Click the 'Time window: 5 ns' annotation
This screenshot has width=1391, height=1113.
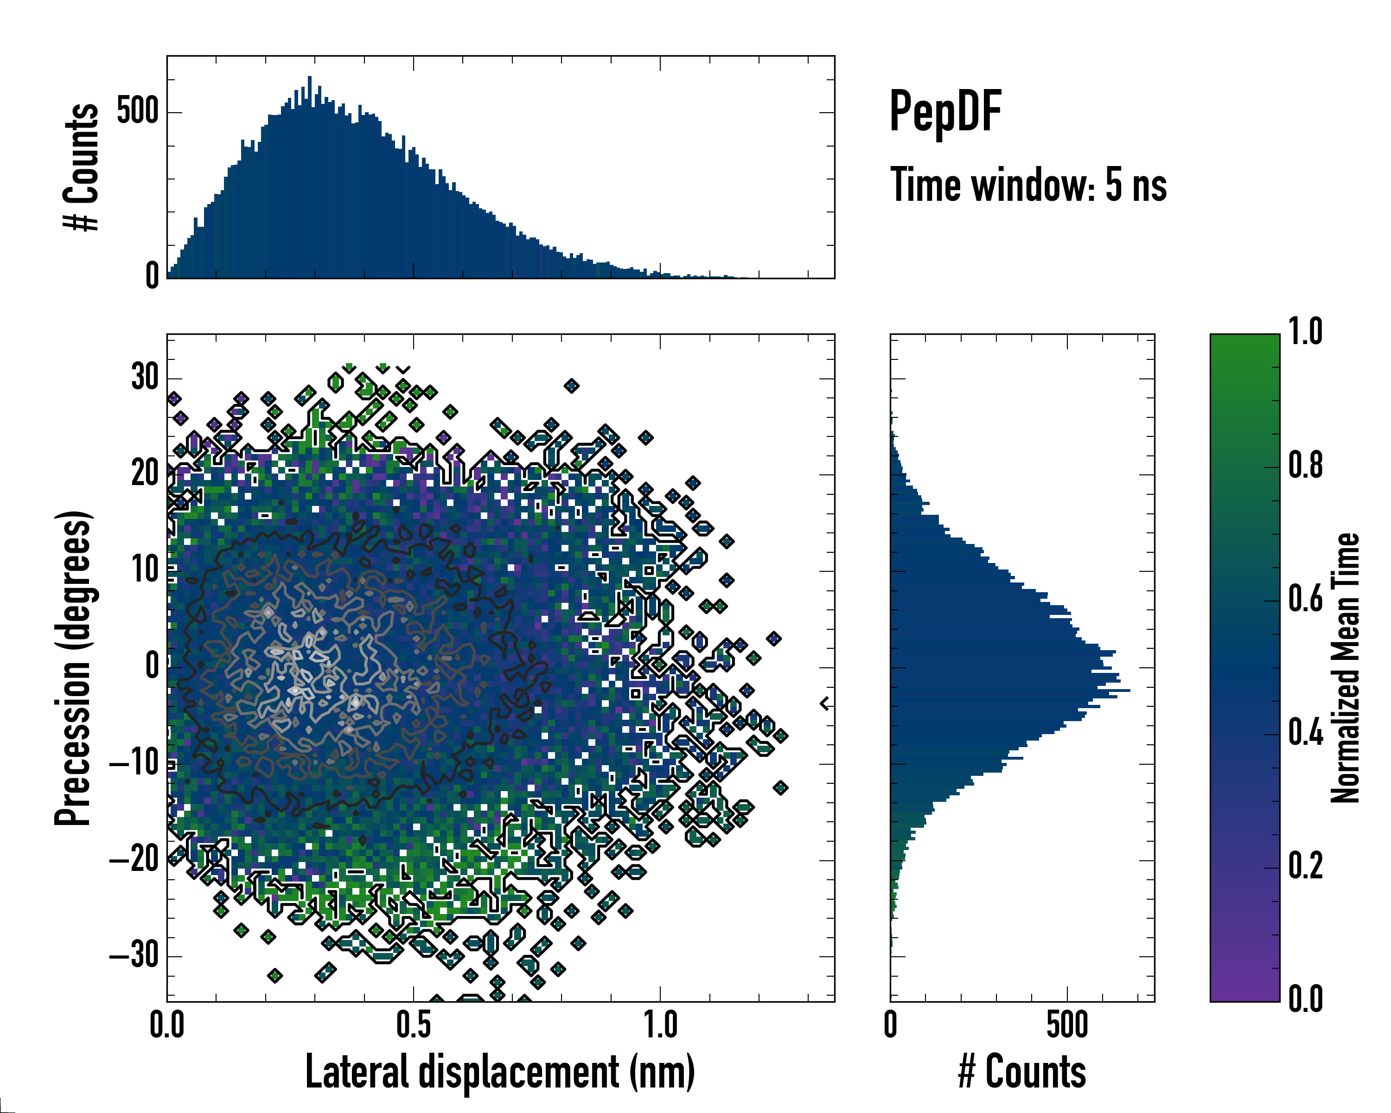1028,185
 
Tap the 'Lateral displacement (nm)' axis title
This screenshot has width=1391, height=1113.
499,1072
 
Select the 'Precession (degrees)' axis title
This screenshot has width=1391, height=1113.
73,668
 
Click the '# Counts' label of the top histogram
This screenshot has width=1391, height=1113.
81,167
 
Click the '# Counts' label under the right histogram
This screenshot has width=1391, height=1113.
1022,1072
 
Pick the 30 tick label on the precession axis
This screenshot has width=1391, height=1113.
145,377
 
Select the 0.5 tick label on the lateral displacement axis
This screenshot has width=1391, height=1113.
413,1026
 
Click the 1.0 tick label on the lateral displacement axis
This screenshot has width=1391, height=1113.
661,1026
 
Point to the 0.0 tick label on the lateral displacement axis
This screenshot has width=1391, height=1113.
167,1026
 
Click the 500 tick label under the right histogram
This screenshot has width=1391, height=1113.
1067,1026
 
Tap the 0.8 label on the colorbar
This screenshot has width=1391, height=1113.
1305,466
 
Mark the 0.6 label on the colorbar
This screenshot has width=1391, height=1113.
1305,600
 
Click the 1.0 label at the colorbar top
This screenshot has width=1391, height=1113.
1305,333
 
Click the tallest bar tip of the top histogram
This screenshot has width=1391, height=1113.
310,77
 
